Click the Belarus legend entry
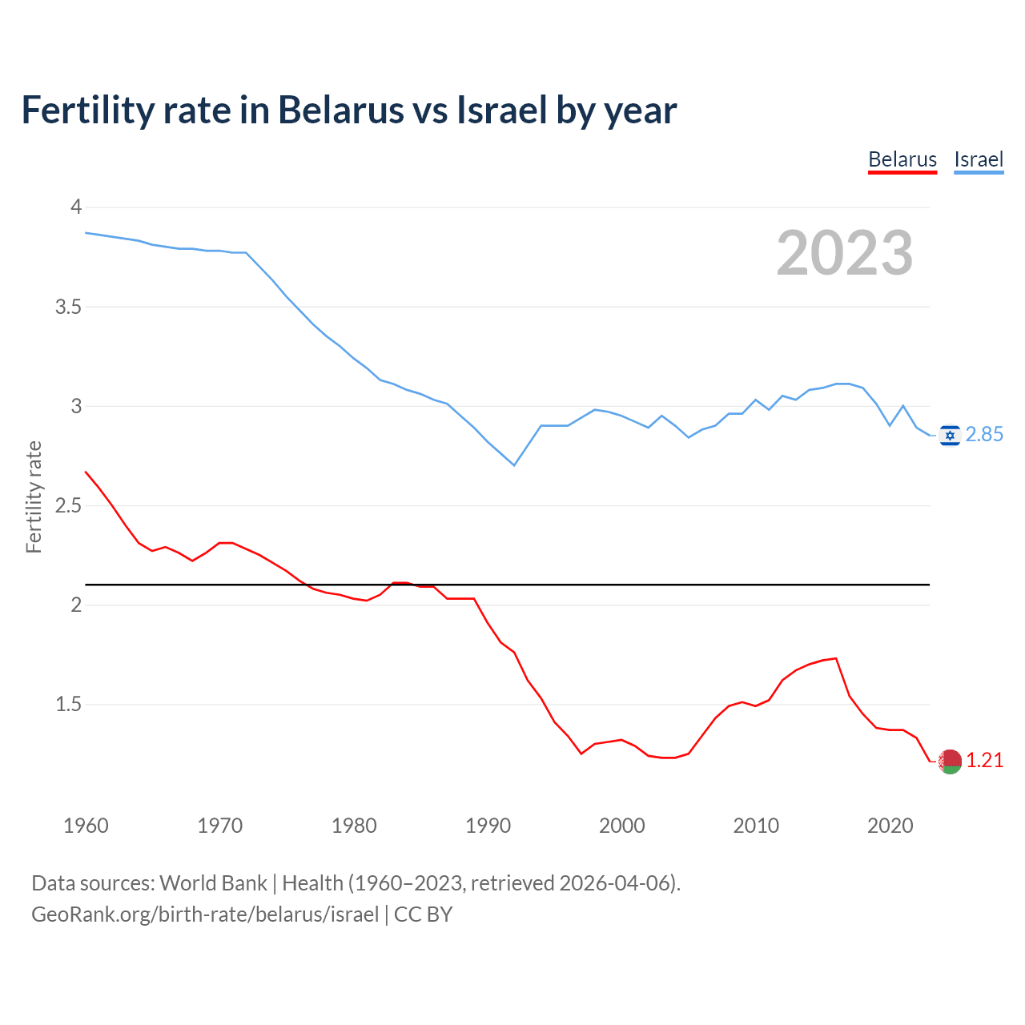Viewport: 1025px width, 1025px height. [x=902, y=159]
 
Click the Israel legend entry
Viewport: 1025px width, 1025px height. [x=979, y=159]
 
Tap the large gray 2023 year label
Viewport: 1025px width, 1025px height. [x=845, y=253]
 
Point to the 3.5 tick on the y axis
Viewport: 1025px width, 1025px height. [x=69, y=307]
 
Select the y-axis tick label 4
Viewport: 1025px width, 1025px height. [x=77, y=207]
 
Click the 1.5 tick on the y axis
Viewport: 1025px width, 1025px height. [x=69, y=705]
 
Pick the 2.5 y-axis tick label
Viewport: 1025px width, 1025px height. [x=69, y=505]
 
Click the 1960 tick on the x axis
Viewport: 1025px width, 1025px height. [x=86, y=826]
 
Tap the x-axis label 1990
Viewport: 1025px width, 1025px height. [x=488, y=826]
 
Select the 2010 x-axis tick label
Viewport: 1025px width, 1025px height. [x=756, y=826]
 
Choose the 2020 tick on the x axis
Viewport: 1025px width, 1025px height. [x=890, y=826]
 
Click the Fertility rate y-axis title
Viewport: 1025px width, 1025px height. [x=34, y=496]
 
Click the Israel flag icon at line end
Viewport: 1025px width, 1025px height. [x=950, y=435]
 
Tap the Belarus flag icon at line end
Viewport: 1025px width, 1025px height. [x=950, y=762]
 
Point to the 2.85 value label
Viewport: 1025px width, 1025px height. [x=984, y=435]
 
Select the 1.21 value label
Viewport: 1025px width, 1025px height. [x=984, y=761]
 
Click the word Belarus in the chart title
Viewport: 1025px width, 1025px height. [x=340, y=110]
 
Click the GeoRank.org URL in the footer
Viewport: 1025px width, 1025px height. [x=205, y=914]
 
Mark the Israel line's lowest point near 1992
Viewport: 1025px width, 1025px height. [x=514, y=465]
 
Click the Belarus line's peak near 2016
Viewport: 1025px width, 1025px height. [x=836, y=658]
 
